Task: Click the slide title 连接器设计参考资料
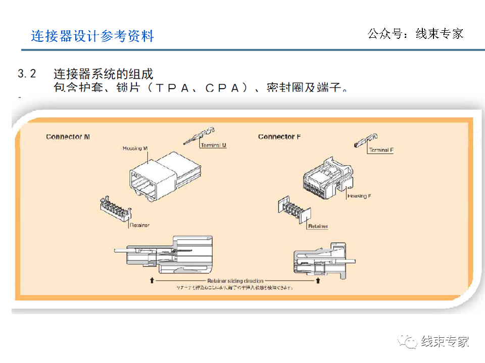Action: (92, 36)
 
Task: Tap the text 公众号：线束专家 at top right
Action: (415, 34)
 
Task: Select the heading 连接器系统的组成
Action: (103, 74)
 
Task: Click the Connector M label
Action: (68, 137)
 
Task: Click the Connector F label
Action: (279, 137)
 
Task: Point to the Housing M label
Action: (135, 148)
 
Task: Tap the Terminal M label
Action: (213, 145)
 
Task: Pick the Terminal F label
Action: (381, 150)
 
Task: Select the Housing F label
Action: (359, 196)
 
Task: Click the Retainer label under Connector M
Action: (139, 225)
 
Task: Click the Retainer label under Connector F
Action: (318, 226)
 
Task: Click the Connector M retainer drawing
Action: (116, 208)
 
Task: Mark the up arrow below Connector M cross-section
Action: (152, 279)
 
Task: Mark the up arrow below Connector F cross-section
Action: (318, 279)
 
